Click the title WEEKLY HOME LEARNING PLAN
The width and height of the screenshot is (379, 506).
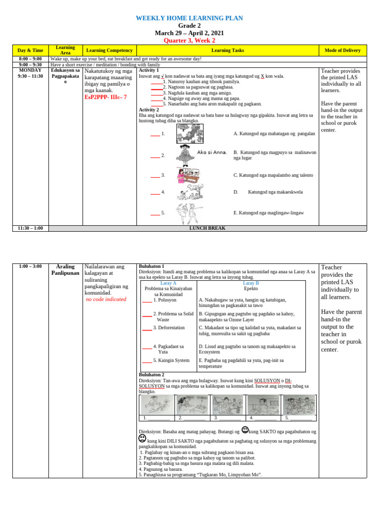189,18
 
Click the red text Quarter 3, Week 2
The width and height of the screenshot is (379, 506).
189,41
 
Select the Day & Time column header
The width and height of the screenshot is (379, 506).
31,50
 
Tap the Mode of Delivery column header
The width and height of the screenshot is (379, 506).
342,50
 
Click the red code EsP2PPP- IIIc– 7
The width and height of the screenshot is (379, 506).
106,97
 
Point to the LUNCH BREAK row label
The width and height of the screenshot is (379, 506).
207,228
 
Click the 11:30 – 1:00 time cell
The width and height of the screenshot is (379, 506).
31,228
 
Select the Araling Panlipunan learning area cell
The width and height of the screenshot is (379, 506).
65,270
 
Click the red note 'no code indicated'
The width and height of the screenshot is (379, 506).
106,299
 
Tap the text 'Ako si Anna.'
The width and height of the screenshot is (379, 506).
212,152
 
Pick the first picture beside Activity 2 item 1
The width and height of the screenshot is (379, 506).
189,133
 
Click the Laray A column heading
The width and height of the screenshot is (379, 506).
168,283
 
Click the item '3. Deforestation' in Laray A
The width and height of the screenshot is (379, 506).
168,328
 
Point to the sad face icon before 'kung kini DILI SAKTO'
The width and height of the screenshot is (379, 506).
142,438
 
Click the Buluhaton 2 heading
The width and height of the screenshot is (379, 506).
152,375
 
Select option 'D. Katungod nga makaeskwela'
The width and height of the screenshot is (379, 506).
268,192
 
